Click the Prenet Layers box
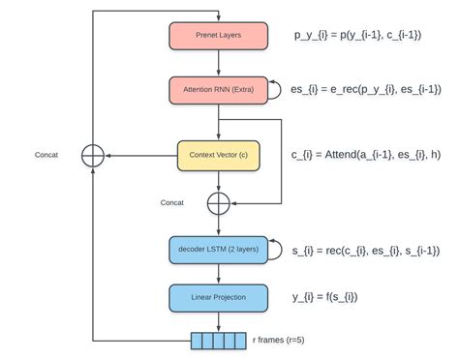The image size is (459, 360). point(218,36)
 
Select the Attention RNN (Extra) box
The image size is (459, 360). point(218,89)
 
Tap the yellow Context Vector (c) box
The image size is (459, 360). point(218,155)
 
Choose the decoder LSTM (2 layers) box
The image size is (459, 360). point(218,250)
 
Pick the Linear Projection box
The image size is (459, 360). point(218,297)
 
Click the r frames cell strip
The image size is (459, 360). point(219,340)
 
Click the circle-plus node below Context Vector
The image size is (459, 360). point(219,202)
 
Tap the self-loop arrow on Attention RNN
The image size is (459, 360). point(275,89)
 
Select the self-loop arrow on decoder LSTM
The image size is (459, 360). point(275,250)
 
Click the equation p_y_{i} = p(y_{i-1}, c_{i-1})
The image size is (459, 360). point(357,36)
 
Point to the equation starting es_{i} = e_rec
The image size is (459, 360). point(366,89)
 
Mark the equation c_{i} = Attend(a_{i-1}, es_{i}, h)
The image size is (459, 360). point(366,155)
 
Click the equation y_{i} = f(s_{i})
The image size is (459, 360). point(329,297)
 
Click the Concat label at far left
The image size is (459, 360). point(45,155)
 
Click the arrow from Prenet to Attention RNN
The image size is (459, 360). point(219,63)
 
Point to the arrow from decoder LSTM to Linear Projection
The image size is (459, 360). point(219,274)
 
